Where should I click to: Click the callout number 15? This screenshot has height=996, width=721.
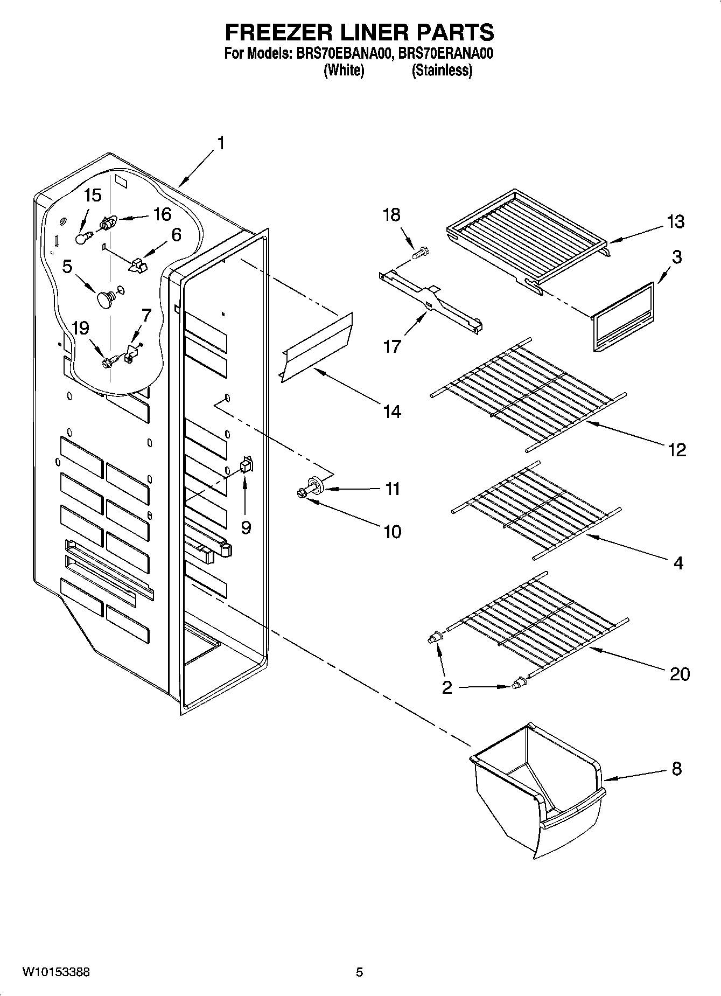click(x=93, y=195)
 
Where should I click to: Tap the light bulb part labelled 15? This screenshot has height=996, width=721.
click(x=81, y=238)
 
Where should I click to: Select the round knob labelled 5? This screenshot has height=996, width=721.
click(x=105, y=299)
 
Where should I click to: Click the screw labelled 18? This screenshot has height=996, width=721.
click(x=421, y=251)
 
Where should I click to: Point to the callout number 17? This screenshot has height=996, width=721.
click(x=393, y=345)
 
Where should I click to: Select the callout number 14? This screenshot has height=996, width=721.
click(x=393, y=412)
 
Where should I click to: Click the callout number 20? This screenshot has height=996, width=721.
click(x=680, y=674)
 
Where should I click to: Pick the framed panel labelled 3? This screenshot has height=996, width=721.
click(x=623, y=318)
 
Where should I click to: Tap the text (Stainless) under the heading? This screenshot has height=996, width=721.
click(x=442, y=71)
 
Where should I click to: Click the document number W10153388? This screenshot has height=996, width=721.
click(x=56, y=972)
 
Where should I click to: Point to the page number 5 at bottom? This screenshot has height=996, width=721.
click(x=359, y=972)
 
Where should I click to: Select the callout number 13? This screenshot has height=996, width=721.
click(x=676, y=221)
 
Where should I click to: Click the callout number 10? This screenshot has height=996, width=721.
click(x=393, y=532)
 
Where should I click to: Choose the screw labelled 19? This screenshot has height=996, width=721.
click(x=108, y=362)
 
